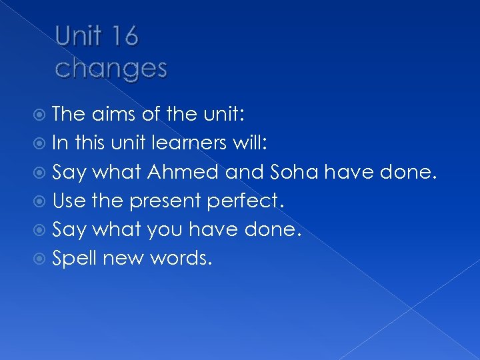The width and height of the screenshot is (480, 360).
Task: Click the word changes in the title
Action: tap(111, 67)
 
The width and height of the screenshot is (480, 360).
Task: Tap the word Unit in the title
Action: tap(77, 37)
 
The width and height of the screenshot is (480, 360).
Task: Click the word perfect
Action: tap(248, 201)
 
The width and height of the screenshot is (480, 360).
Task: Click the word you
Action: tap(164, 230)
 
